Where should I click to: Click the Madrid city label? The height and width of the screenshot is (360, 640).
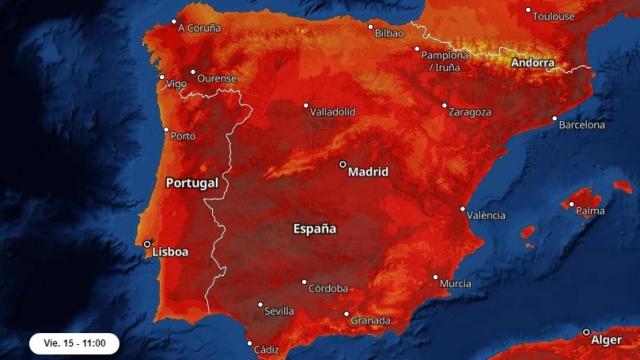pos(367,172)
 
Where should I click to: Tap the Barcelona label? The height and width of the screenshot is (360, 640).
pos(581,125)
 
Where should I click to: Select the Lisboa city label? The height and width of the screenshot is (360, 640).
pos(169,252)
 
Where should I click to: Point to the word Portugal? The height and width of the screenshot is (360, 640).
pos(192,184)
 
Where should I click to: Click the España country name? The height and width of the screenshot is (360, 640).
pos(314,229)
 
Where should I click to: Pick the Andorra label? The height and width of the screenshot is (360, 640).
pos(532,63)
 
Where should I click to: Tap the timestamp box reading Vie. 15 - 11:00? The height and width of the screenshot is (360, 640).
pos(74,343)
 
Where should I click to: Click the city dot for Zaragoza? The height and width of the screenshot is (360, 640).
pos(445,105)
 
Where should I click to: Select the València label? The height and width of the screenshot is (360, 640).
pos(486,215)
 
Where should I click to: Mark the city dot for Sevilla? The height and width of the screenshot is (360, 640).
pos(260,305)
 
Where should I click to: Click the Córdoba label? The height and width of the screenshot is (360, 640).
pos(328,287)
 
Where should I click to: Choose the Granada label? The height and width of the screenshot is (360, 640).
pos(371,320)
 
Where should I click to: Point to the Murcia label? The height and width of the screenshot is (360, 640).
pos(455,284)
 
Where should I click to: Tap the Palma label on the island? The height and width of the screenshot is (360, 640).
pos(591,211)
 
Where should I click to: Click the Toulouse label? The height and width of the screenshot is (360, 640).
pos(553,17)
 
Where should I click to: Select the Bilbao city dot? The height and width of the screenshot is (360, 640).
pos(370,27)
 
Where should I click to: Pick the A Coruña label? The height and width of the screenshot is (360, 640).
pos(199,28)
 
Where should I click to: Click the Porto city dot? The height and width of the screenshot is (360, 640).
pos(167,129)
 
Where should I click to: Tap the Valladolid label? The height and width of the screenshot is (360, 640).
pos(333,112)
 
